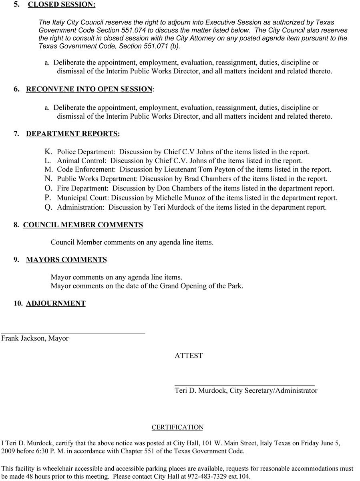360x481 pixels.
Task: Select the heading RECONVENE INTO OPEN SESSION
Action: pos(89,89)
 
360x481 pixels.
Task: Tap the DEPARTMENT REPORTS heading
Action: pos(72,134)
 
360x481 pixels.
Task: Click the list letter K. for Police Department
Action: pos(48,152)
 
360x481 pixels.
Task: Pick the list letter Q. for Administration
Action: pos(48,208)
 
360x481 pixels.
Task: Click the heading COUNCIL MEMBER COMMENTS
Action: pos(83,225)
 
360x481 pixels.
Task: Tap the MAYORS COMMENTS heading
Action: pos(66,260)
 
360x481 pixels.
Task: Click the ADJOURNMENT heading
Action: pos(56,303)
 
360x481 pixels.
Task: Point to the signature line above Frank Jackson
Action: pos(73,333)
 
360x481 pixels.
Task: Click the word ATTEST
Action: pos(189,356)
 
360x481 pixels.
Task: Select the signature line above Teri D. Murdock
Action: pos(244,385)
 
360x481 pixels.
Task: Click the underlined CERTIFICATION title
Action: pos(177,427)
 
